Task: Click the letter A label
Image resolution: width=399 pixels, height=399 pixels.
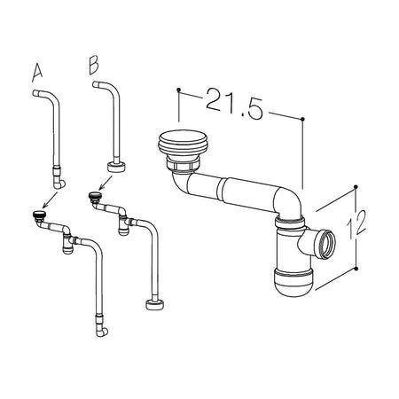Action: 37,73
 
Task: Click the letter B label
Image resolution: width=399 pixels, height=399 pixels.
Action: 94,65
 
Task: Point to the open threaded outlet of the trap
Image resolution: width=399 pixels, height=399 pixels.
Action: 326,244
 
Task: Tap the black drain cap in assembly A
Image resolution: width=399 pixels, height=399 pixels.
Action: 38,215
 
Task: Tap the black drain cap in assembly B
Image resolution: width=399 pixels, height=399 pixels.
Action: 95,195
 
